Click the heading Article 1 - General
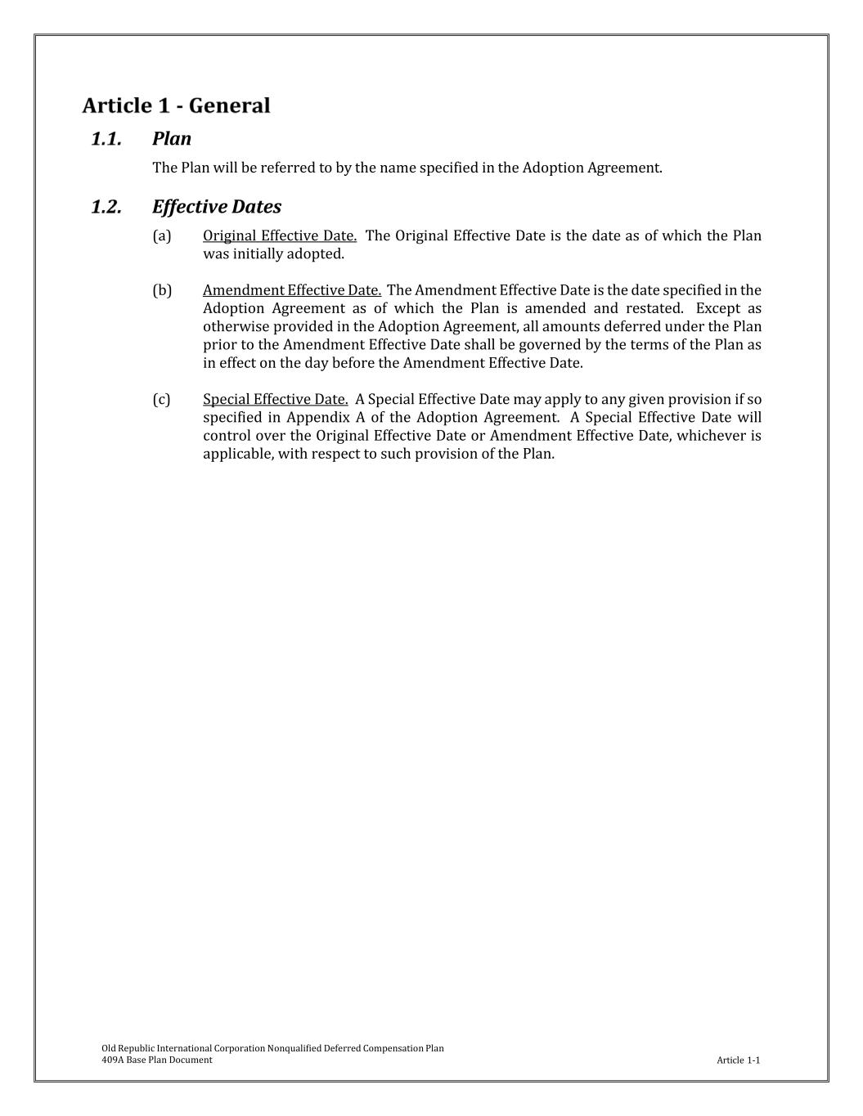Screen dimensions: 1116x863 click(x=176, y=105)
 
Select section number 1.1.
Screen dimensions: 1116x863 click(x=106, y=139)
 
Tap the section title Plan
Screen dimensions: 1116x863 click(x=172, y=139)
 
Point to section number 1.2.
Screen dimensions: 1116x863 click(x=106, y=207)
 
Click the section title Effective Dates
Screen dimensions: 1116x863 click(x=217, y=207)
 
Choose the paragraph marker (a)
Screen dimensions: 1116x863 click(x=162, y=236)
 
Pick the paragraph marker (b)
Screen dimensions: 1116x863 click(x=162, y=290)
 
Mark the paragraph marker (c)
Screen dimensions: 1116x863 click(x=162, y=400)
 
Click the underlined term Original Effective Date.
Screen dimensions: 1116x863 click(x=280, y=236)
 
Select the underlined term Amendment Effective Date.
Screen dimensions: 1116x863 click(x=292, y=290)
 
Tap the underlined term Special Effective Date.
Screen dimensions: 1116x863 click(x=276, y=400)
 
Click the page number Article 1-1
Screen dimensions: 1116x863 click(x=738, y=1060)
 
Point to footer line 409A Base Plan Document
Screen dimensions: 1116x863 click(x=157, y=1060)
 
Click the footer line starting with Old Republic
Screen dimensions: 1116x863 click(x=272, y=1048)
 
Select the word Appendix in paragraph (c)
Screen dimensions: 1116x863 click(x=317, y=418)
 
